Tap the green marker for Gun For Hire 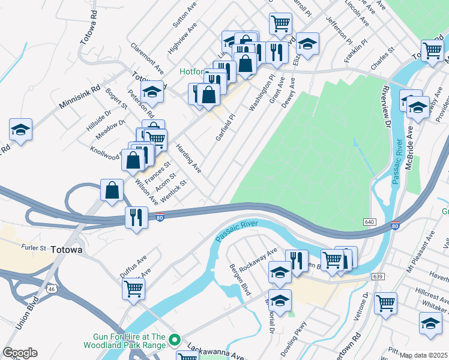[x=175, y=340]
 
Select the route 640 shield [x=369, y=222]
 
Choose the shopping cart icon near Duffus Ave [x=133, y=288]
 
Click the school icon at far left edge [x=20, y=130]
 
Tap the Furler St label [x=34, y=247]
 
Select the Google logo [x=20, y=353]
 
